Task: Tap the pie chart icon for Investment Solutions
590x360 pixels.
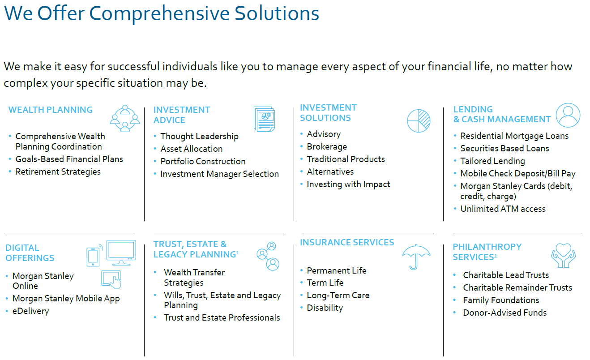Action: point(419,121)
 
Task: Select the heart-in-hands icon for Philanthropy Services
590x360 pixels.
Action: point(564,255)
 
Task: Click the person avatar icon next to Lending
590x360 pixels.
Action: point(568,115)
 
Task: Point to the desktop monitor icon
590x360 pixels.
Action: point(121,253)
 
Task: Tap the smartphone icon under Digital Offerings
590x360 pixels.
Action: point(93,257)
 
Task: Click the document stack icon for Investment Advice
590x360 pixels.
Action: point(264,119)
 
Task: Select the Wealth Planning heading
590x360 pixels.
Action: point(51,110)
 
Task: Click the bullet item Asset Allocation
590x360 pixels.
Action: point(192,149)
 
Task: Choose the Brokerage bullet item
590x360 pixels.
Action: point(327,146)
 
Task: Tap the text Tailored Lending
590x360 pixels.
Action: point(492,161)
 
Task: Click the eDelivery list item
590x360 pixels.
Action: point(30,311)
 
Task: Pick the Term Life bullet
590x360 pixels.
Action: point(325,283)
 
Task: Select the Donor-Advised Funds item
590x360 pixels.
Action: point(504,313)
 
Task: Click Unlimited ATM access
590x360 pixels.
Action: point(503,209)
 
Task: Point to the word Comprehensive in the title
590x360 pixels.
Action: point(159,14)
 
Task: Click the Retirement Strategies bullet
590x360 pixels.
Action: point(58,172)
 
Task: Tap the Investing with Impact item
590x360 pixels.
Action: point(348,184)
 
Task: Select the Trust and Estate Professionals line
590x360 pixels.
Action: point(222,317)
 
